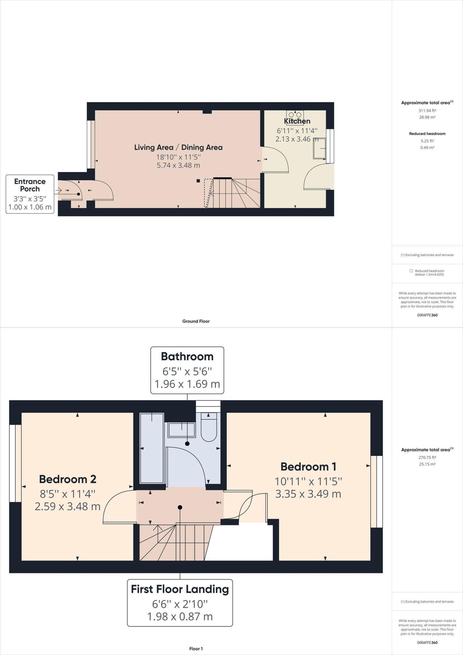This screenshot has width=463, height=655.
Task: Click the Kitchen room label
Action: (297, 121)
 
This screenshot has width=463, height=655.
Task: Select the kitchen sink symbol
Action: (319, 148)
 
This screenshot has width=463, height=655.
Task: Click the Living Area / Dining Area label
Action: (178, 147)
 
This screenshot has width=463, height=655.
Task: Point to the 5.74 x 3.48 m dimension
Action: (178, 165)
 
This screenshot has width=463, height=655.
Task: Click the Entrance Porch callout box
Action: (30, 194)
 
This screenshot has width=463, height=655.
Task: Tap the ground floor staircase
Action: (233, 193)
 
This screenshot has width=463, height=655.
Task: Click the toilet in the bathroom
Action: (209, 428)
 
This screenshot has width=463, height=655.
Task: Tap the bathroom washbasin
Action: (182, 430)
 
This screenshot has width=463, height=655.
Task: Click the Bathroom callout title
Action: (187, 356)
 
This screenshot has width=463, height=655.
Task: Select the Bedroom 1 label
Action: (308, 467)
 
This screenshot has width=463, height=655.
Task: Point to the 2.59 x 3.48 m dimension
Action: (67, 506)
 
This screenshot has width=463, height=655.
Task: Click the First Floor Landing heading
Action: (180, 589)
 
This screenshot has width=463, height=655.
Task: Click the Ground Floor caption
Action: (196, 321)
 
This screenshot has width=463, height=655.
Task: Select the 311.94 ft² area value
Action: (427, 111)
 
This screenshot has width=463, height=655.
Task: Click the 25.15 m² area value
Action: (427, 464)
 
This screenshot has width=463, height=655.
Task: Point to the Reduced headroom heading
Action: (427, 134)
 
